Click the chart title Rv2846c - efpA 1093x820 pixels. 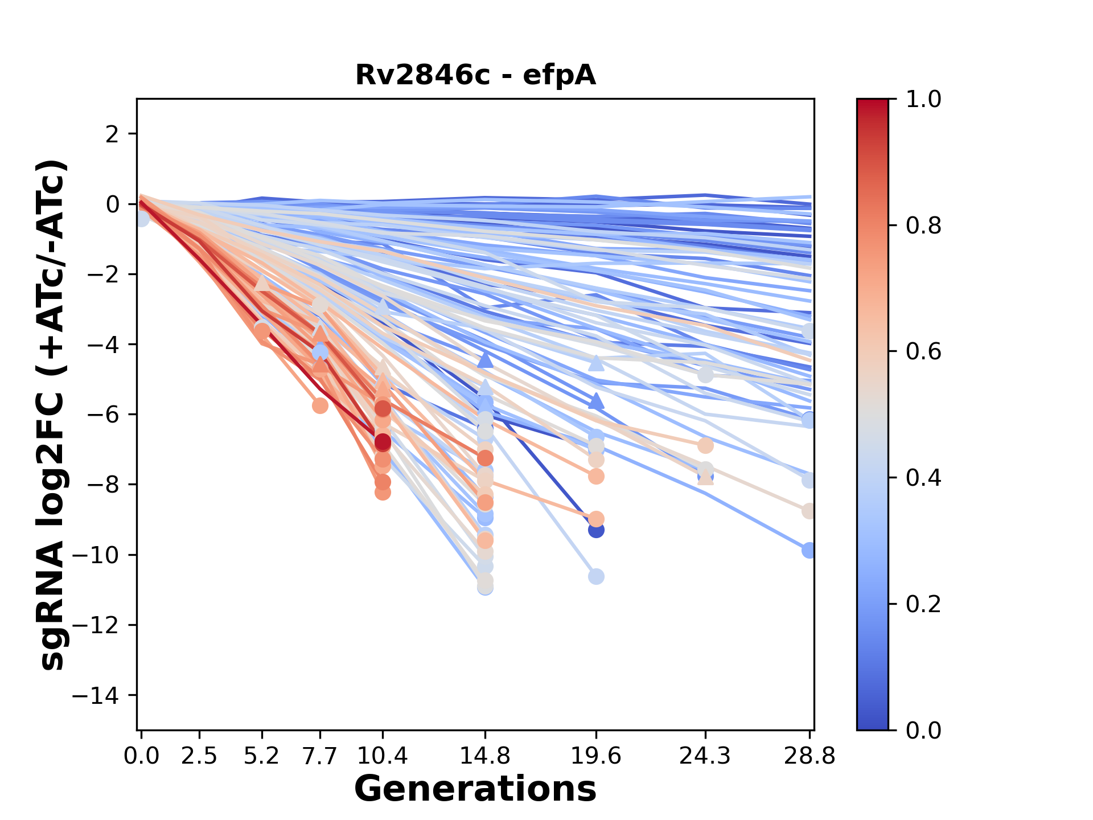pos(475,75)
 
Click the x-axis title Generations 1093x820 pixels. pos(475,789)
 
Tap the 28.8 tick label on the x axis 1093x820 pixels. pos(810,756)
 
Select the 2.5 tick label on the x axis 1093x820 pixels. pos(199,756)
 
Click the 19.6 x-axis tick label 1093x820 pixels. pos(596,756)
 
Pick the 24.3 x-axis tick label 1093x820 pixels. pos(705,756)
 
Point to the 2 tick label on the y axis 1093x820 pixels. pos(112,134)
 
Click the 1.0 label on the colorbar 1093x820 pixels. pos(923,100)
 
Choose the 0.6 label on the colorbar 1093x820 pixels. pos(923,352)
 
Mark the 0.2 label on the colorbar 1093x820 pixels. pos(923,604)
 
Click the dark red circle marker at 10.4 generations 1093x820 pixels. pos(383,442)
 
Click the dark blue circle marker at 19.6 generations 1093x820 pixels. pos(596,530)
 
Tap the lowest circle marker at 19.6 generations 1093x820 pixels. pos(596,577)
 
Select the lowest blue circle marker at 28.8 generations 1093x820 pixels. pos(809,550)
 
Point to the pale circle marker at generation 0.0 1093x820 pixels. pos(141,218)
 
